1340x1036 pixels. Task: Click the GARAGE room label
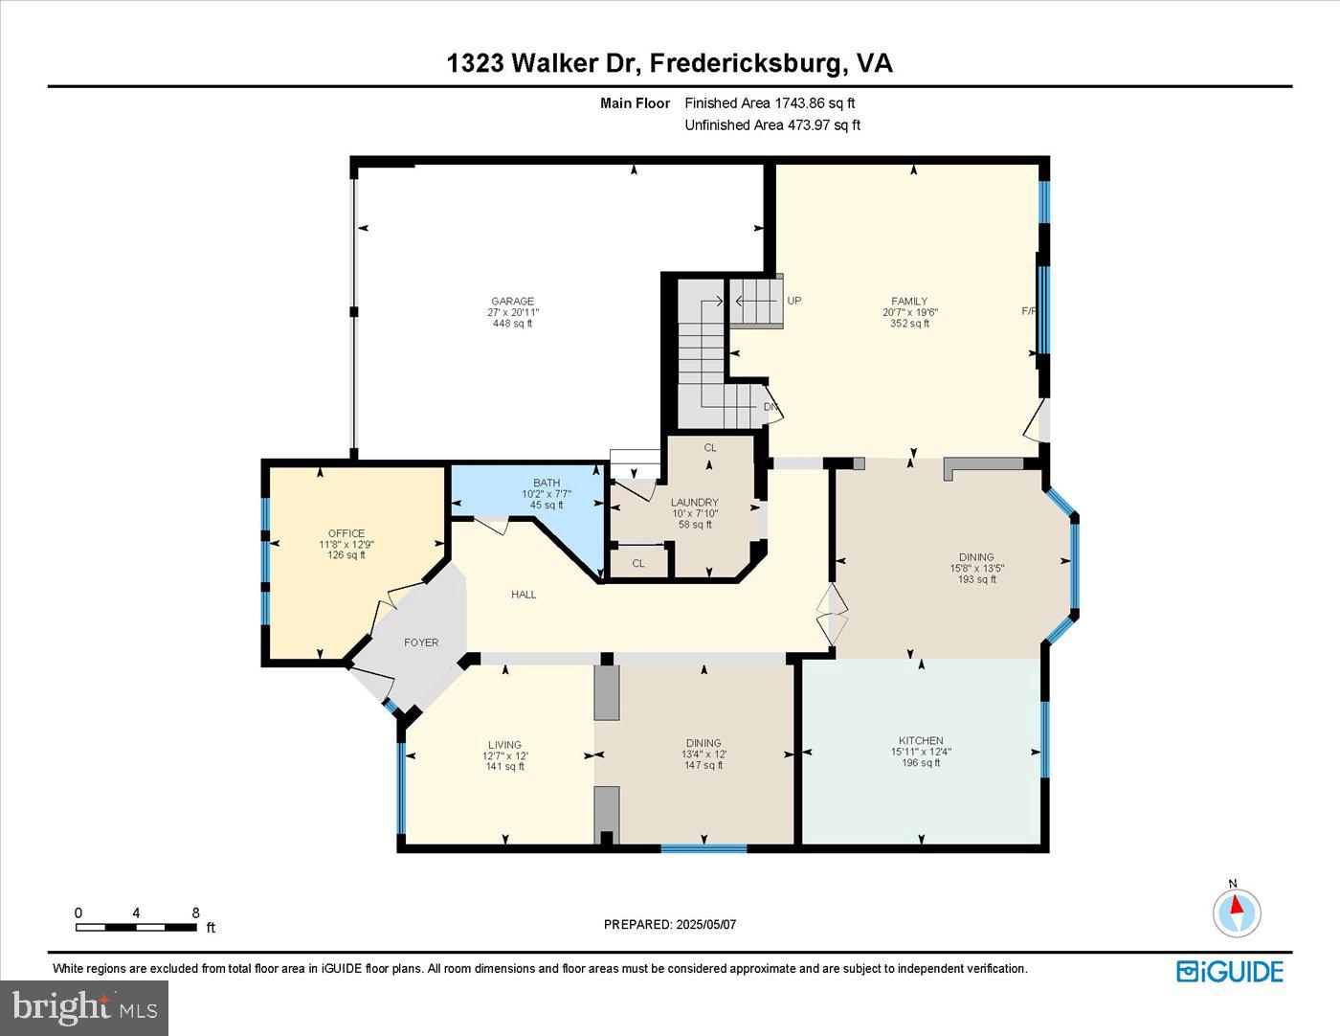(512, 302)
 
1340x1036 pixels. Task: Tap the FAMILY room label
(909, 302)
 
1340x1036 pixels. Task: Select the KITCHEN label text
(921, 741)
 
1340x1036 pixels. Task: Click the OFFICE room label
(346, 534)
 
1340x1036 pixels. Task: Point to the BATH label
(547, 483)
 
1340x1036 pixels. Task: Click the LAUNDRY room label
(694, 503)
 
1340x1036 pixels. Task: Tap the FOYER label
(421, 642)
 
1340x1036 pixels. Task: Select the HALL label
(524, 595)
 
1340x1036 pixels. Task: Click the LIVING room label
(504, 745)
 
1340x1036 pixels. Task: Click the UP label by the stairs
(794, 301)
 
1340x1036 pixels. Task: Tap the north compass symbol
(1237, 911)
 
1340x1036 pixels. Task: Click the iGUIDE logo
(1230, 971)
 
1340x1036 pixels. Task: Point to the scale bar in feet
(137, 927)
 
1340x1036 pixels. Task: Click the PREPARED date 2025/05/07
(670, 925)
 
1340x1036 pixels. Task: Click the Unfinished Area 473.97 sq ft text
(772, 124)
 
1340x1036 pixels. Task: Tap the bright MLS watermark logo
(84, 1007)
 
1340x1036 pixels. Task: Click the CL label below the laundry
(638, 564)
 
